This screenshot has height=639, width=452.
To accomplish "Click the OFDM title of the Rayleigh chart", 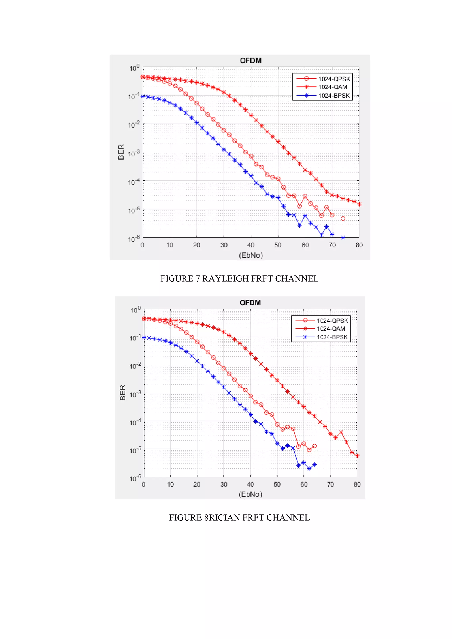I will pos(250,61).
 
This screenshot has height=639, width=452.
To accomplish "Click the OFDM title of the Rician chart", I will pos(250,303).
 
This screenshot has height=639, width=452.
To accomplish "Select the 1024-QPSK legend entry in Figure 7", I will pos(334,79).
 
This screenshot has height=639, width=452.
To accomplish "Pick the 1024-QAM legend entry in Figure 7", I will pos(333,87).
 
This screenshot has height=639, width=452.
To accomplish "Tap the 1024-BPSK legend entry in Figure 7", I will pos(334,96).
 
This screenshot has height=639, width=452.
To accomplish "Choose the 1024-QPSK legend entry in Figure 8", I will pos(332,321).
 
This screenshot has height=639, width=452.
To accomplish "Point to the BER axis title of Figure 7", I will pos(121,152).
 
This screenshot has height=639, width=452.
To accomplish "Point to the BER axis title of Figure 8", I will pos(122,393).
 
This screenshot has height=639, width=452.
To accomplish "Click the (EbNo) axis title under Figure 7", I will pos(251,255).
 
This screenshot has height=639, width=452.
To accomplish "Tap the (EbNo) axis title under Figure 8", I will pos(250,494).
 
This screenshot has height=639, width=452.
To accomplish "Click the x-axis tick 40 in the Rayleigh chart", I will pos(251,245).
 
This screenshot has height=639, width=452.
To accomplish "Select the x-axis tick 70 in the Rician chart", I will pos(330,485).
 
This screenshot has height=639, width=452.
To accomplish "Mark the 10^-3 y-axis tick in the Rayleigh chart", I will pos(134,153).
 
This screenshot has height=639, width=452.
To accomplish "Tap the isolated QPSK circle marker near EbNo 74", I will pos(343,219).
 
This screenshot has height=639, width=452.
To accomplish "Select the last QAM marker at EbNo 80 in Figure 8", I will pos(357,456).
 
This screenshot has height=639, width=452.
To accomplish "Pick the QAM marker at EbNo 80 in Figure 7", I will pos(359,204).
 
